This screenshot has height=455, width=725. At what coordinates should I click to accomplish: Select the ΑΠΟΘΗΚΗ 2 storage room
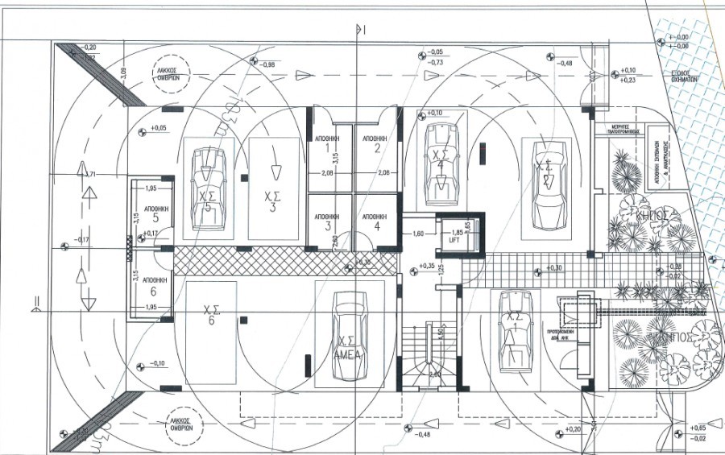[x=375, y=143]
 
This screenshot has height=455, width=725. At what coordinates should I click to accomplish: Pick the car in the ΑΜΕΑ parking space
[x=350, y=337]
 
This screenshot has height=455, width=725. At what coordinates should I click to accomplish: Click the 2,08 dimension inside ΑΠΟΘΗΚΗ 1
[x=328, y=172]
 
